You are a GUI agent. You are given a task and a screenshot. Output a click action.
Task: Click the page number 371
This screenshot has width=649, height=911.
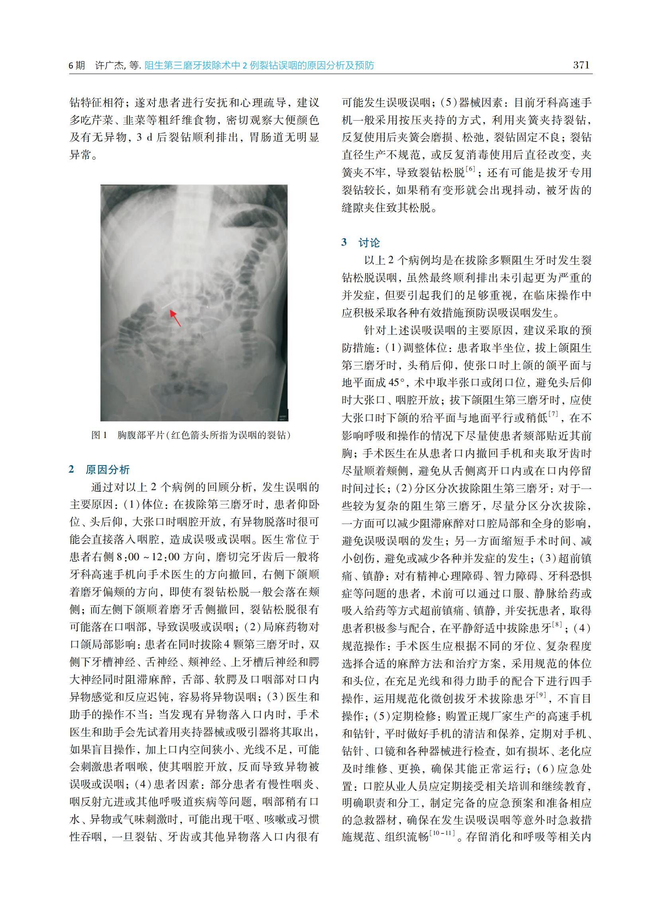click(581, 65)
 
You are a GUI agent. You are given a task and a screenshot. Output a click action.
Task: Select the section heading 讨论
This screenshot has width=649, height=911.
click(369, 242)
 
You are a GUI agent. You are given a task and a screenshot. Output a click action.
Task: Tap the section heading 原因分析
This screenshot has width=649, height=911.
click(108, 469)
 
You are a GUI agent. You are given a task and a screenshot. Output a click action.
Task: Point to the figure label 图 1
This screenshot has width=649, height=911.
click(99, 435)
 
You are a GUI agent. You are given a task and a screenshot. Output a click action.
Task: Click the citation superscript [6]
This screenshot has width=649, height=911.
click(470, 169)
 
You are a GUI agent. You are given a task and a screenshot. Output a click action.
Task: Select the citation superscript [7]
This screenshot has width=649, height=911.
click(553, 414)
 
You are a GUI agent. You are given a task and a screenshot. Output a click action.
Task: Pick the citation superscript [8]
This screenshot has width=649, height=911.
click(557, 624)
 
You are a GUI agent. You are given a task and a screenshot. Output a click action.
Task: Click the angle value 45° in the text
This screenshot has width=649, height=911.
click(399, 382)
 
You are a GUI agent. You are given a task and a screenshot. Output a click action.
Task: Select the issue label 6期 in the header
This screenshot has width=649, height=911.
click(77, 66)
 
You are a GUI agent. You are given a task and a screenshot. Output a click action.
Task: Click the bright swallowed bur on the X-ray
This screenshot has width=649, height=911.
click(168, 305)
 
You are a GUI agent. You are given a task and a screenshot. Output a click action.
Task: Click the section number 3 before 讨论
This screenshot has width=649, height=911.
click(344, 242)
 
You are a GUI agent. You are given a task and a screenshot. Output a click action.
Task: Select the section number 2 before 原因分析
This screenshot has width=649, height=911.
click(72, 469)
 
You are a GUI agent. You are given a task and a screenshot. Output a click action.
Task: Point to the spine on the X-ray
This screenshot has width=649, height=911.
click(194, 224)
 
